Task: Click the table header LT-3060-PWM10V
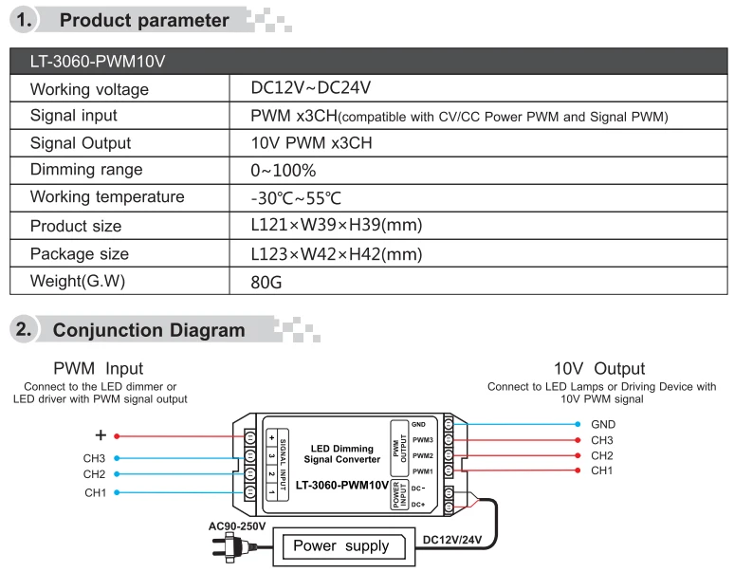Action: [x=98, y=62]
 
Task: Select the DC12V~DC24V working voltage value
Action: [x=310, y=88]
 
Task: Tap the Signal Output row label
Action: [x=81, y=143]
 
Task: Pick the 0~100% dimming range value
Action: [x=284, y=171]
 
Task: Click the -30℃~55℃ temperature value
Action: [x=295, y=198]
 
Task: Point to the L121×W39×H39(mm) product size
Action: [x=336, y=226]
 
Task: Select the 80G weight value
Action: [x=266, y=282]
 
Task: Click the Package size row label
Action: [x=80, y=254]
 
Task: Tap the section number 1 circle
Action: [x=27, y=19]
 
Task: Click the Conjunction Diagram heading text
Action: [x=149, y=330]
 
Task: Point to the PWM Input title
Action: [x=99, y=368]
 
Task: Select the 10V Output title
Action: [x=599, y=368]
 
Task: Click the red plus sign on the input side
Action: [x=101, y=436]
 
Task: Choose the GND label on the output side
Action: [x=602, y=425]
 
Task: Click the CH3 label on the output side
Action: [x=602, y=440]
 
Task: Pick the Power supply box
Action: [x=340, y=545]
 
